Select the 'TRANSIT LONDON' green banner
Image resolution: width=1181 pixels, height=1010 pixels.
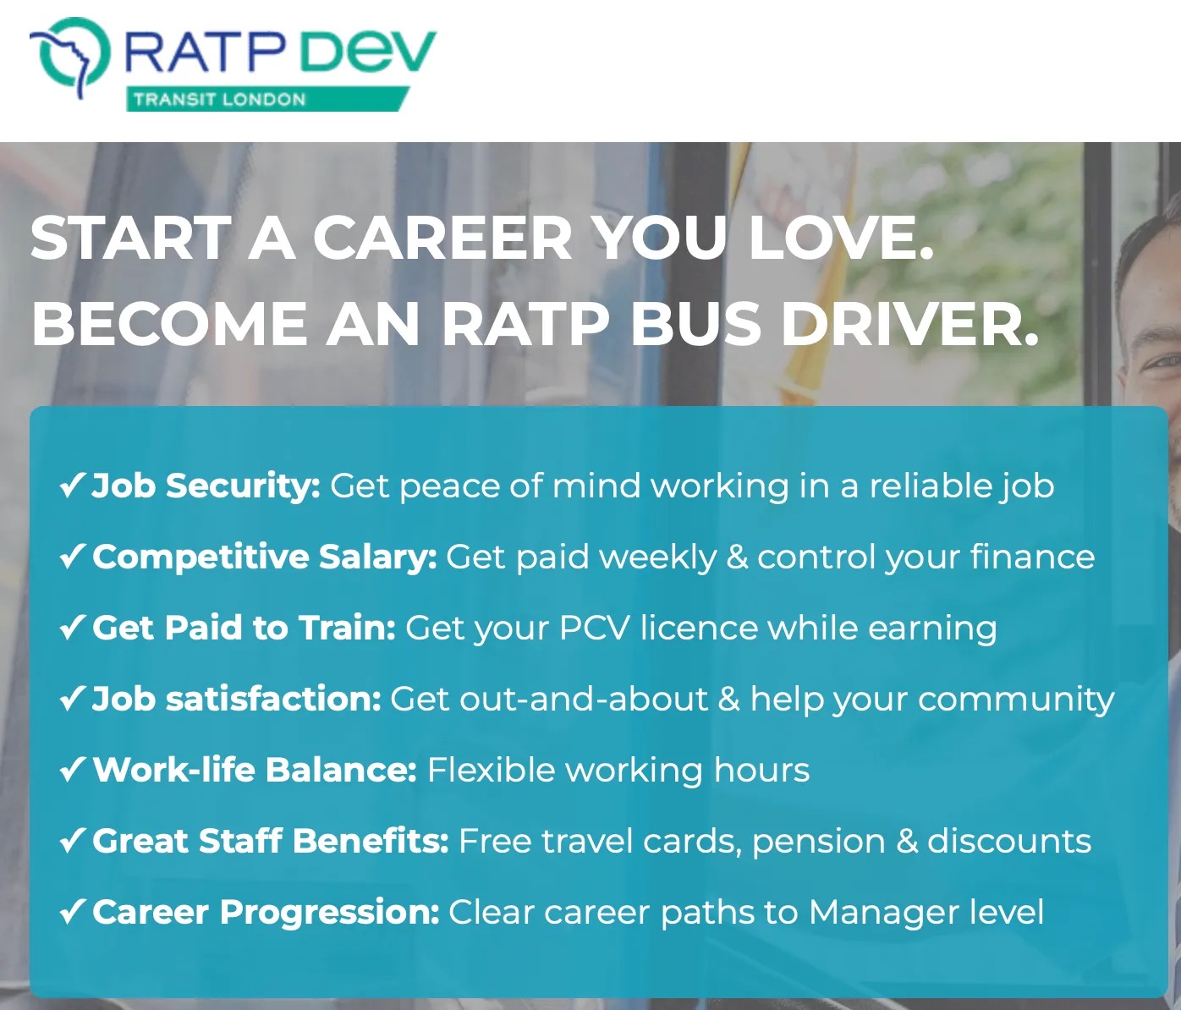(x=267, y=99)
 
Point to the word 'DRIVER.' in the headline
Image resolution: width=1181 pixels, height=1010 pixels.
(x=909, y=324)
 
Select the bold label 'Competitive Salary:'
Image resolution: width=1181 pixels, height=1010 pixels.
(x=265, y=557)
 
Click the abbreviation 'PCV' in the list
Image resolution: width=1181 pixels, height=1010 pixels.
(x=594, y=628)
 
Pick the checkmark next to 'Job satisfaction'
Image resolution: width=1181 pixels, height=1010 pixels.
(x=72, y=699)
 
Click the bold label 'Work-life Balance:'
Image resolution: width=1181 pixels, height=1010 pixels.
(x=255, y=770)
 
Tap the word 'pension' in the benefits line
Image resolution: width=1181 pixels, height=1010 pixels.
(x=819, y=842)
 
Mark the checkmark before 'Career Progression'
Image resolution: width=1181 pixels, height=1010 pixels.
(x=72, y=912)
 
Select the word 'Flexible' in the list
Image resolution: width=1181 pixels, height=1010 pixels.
(x=491, y=770)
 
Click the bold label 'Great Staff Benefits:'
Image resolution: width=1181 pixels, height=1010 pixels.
(x=271, y=841)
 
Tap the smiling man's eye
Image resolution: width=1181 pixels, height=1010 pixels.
(x=1166, y=361)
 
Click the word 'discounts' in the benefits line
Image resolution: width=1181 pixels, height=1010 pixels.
(x=1009, y=841)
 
